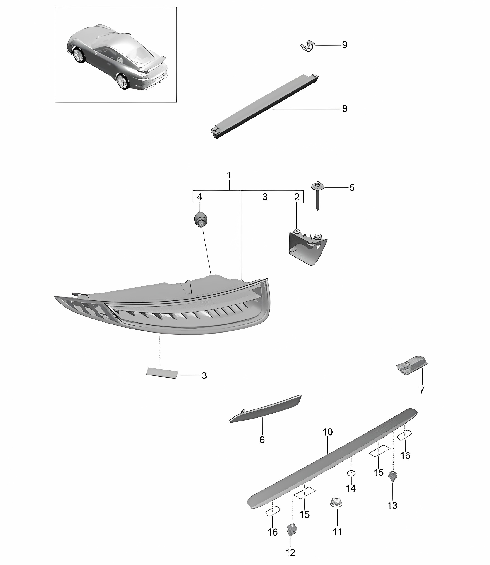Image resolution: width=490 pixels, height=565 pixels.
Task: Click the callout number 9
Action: click(345, 45)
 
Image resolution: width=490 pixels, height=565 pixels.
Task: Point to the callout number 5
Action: click(352, 188)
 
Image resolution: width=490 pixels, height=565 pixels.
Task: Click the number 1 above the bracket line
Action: click(229, 175)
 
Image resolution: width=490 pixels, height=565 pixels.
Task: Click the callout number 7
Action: click(422, 390)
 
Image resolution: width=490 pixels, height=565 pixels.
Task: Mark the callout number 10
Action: click(328, 432)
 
